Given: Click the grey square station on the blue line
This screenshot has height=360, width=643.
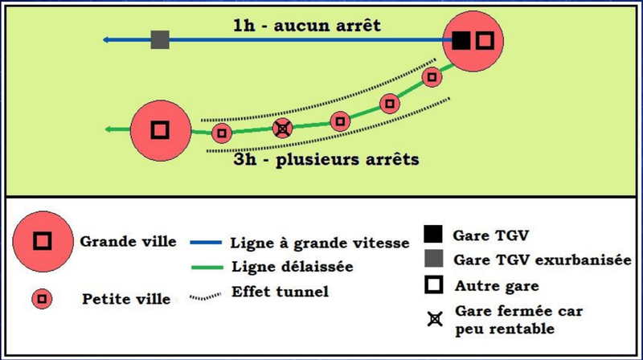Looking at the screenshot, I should point(160,39).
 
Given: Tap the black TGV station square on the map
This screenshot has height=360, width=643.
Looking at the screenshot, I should point(461,40).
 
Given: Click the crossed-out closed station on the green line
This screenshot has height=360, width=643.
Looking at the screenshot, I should point(281,128).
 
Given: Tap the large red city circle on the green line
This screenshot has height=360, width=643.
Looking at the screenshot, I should point(160,129).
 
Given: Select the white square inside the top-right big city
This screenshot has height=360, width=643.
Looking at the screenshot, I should point(483,40).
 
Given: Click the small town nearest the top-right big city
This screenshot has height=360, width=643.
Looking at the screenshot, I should point(432,77).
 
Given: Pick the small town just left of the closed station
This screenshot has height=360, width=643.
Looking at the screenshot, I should point(221,133).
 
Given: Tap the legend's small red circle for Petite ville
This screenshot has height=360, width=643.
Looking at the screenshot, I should point(42,300).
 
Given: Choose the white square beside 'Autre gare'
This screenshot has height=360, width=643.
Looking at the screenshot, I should point(434,284).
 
